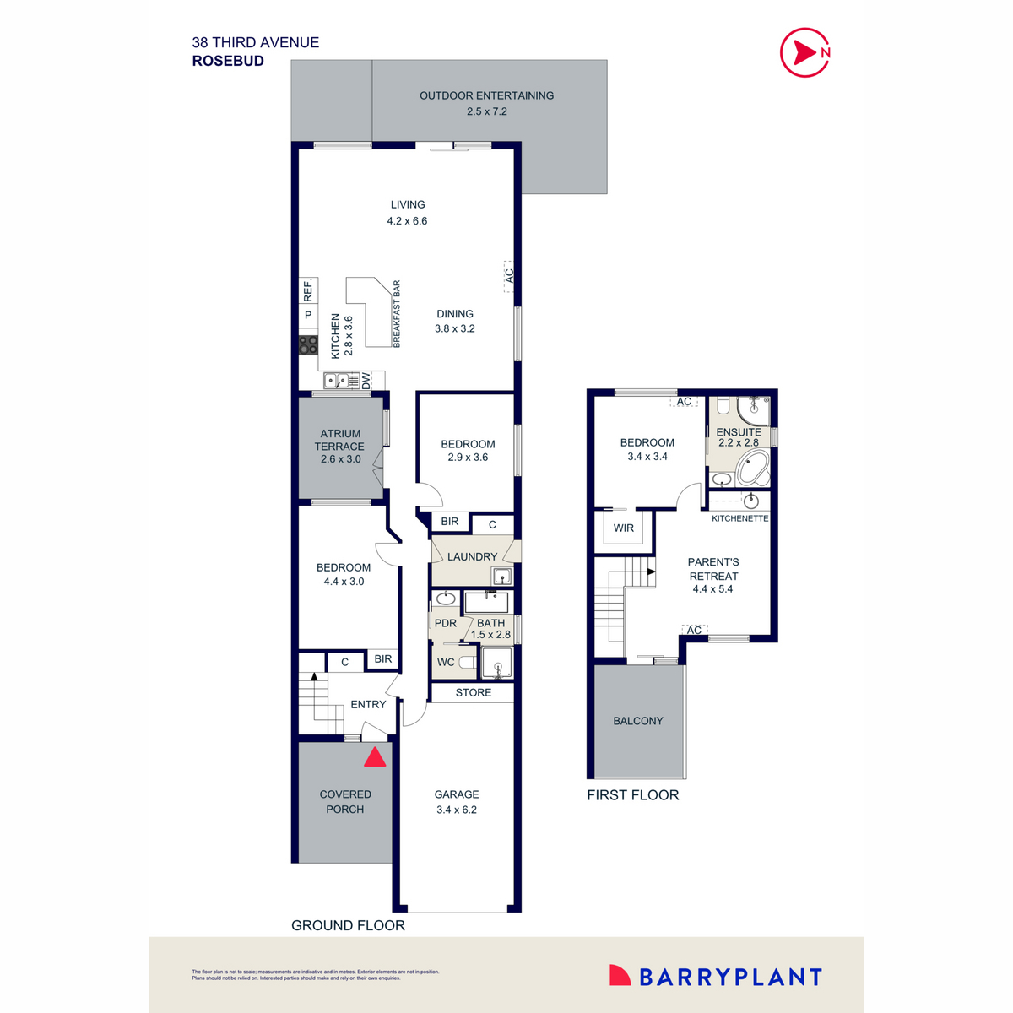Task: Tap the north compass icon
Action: (x=805, y=52)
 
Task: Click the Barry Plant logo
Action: (x=716, y=977)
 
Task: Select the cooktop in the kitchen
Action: (x=308, y=344)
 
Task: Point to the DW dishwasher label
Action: (x=366, y=382)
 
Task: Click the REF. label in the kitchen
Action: (x=308, y=290)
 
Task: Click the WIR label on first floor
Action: (x=624, y=528)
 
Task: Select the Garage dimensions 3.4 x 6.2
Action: (x=457, y=810)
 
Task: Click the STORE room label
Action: (x=474, y=692)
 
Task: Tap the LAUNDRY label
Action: (x=472, y=557)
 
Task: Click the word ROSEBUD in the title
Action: (x=228, y=61)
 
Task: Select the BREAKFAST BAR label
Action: (x=397, y=314)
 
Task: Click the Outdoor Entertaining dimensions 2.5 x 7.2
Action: (x=487, y=111)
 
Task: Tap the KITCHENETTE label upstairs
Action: (x=739, y=518)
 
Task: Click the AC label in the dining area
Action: (x=509, y=276)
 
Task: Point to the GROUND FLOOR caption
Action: (x=348, y=925)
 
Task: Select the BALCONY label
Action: (x=638, y=721)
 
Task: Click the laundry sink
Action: (x=502, y=577)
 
